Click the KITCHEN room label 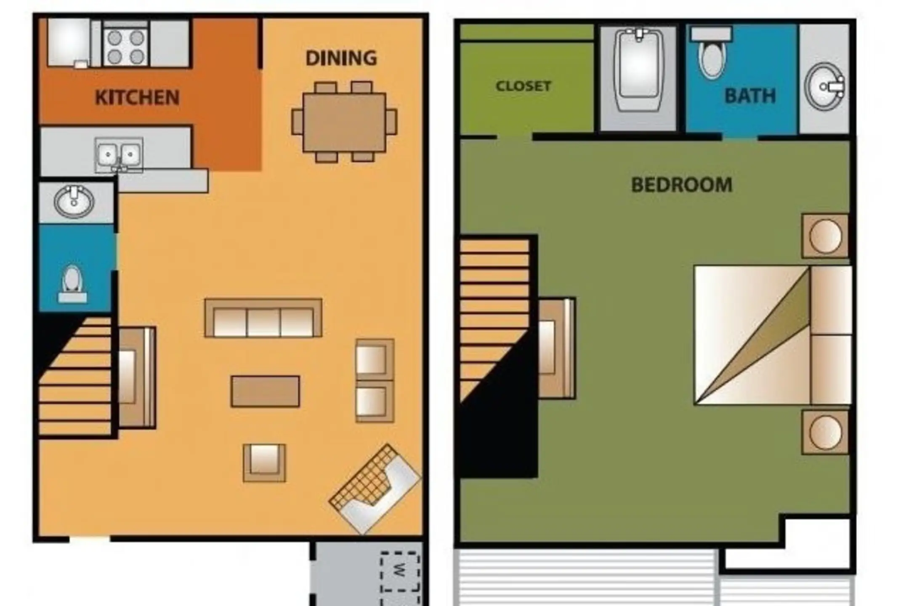[x=137, y=98]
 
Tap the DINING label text [x=341, y=58]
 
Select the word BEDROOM [x=682, y=185]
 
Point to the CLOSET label [x=523, y=86]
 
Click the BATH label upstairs [x=750, y=96]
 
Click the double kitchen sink [x=119, y=154]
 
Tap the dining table [x=344, y=122]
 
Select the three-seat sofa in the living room [x=263, y=318]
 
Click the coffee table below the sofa [x=265, y=391]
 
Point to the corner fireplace [x=375, y=489]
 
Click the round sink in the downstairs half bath [x=74, y=202]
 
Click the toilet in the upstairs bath [x=711, y=53]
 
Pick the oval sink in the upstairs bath [x=824, y=87]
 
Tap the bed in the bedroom [x=773, y=335]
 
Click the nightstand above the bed [x=825, y=236]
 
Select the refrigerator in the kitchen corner [x=69, y=42]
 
